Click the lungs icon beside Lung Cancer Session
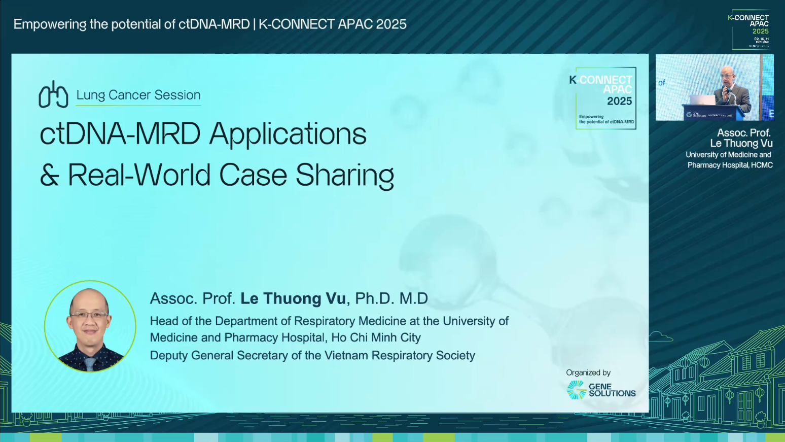pyautogui.click(x=53, y=95)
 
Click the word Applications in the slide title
pyautogui.click(x=288, y=134)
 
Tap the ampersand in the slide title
pyautogui.click(x=49, y=176)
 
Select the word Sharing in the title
pyautogui.click(x=344, y=176)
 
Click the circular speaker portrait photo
pyautogui.click(x=90, y=326)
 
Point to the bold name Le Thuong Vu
pyautogui.click(x=293, y=298)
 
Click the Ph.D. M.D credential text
pyautogui.click(x=391, y=298)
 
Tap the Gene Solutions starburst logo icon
pyautogui.click(x=577, y=390)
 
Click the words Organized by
pyautogui.click(x=588, y=372)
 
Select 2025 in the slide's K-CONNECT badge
pyautogui.click(x=619, y=101)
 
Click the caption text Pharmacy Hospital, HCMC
pyautogui.click(x=730, y=165)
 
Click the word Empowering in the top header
pyautogui.click(x=50, y=24)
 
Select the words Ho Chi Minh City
pyautogui.click(x=376, y=337)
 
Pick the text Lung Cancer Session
pyautogui.click(x=138, y=95)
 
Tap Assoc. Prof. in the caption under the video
pyautogui.click(x=743, y=133)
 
